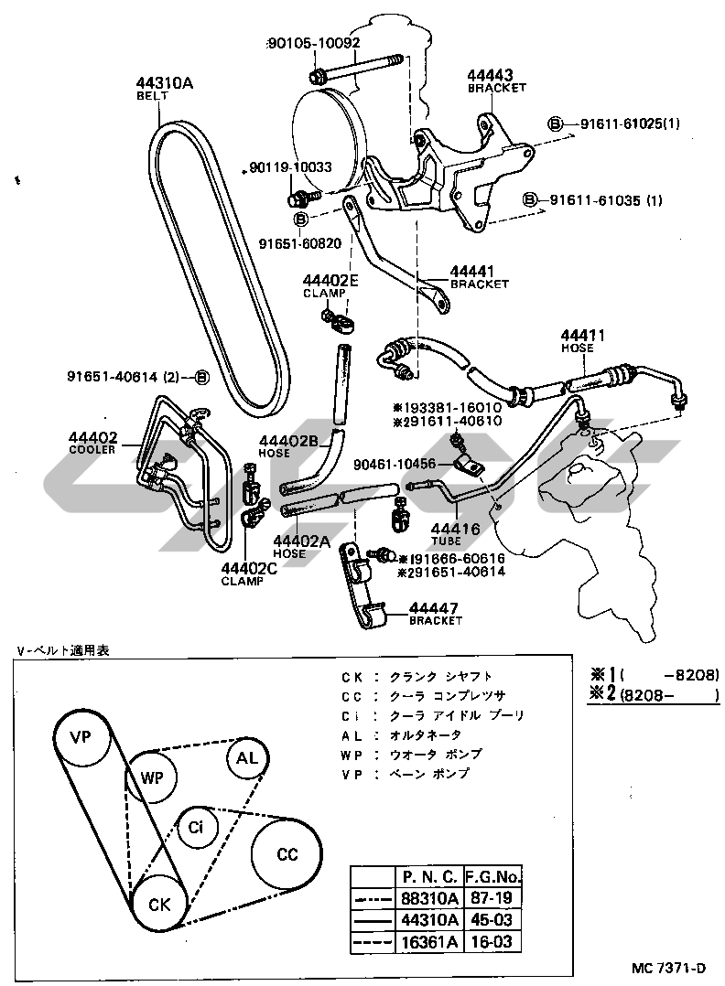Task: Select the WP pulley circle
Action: (151, 777)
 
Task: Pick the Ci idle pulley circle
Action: (196, 829)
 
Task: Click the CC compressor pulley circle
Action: (287, 854)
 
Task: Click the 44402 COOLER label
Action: (94, 443)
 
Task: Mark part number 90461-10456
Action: (395, 464)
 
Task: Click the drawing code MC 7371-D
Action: (671, 968)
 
